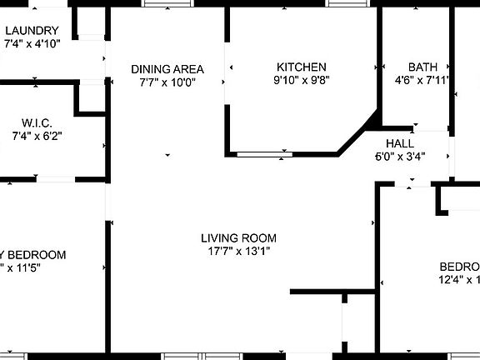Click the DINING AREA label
167,69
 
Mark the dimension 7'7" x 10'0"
167,82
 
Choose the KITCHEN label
302,67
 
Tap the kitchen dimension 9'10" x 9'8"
302,81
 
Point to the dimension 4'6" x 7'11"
422,81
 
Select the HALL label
400,143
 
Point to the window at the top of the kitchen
348,3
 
